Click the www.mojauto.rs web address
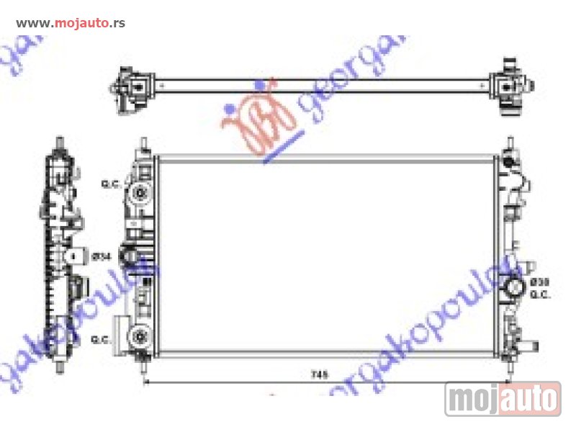pyautogui.click(x=71, y=22)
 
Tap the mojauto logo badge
pyautogui.click(x=503, y=398)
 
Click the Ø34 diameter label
pyautogui.click(x=103, y=256)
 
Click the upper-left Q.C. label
pyautogui.click(x=109, y=185)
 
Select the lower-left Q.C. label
pyautogui.click(x=102, y=339)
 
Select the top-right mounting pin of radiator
pyautogui.click(x=509, y=143)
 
